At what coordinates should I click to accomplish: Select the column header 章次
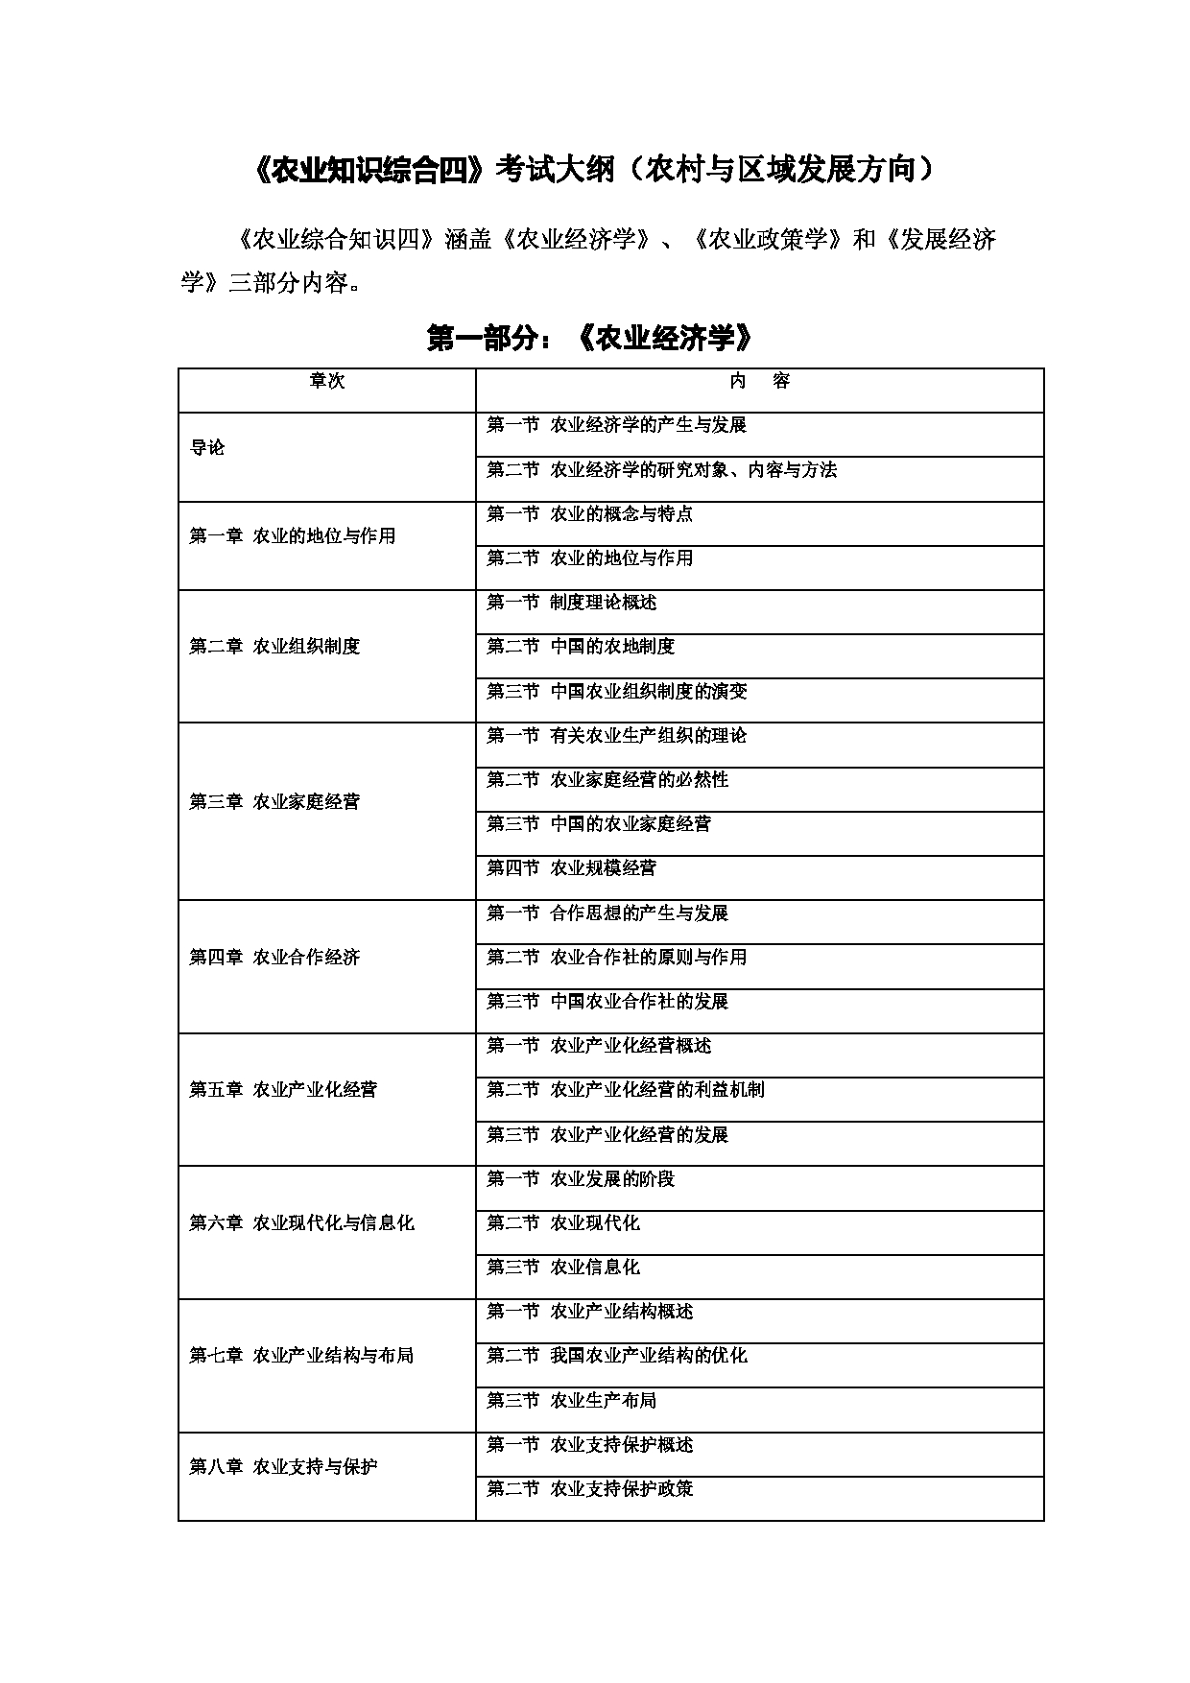click(x=326, y=382)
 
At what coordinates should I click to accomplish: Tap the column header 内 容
click(x=759, y=382)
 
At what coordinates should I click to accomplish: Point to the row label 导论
click(x=207, y=448)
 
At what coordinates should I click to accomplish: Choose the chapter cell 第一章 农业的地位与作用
click(x=293, y=536)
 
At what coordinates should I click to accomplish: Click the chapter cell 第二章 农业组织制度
click(x=274, y=647)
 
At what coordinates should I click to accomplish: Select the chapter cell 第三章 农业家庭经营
click(x=274, y=802)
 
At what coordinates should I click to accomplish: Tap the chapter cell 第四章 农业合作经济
click(x=274, y=958)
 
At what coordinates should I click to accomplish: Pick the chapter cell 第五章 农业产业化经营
click(x=283, y=1090)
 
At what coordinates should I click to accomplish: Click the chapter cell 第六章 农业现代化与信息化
click(x=301, y=1223)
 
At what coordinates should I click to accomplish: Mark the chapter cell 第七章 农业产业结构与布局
click(x=301, y=1356)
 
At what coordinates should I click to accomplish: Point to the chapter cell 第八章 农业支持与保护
click(x=283, y=1467)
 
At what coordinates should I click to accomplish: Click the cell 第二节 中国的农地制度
click(x=581, y=647)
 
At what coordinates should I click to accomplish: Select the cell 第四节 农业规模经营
click(x=571, y=868)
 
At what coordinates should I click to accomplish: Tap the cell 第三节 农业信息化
click(x=562, y=1268)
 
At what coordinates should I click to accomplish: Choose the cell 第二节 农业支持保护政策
click(x=589, y=1489)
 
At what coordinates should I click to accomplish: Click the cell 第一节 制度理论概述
click(x=571, y=603)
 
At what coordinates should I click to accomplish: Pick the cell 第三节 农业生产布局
click(x=571, y=1401)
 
